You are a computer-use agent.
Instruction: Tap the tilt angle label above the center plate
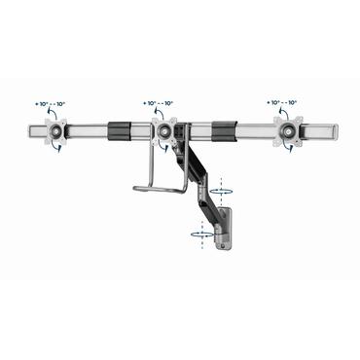point(159,102)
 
